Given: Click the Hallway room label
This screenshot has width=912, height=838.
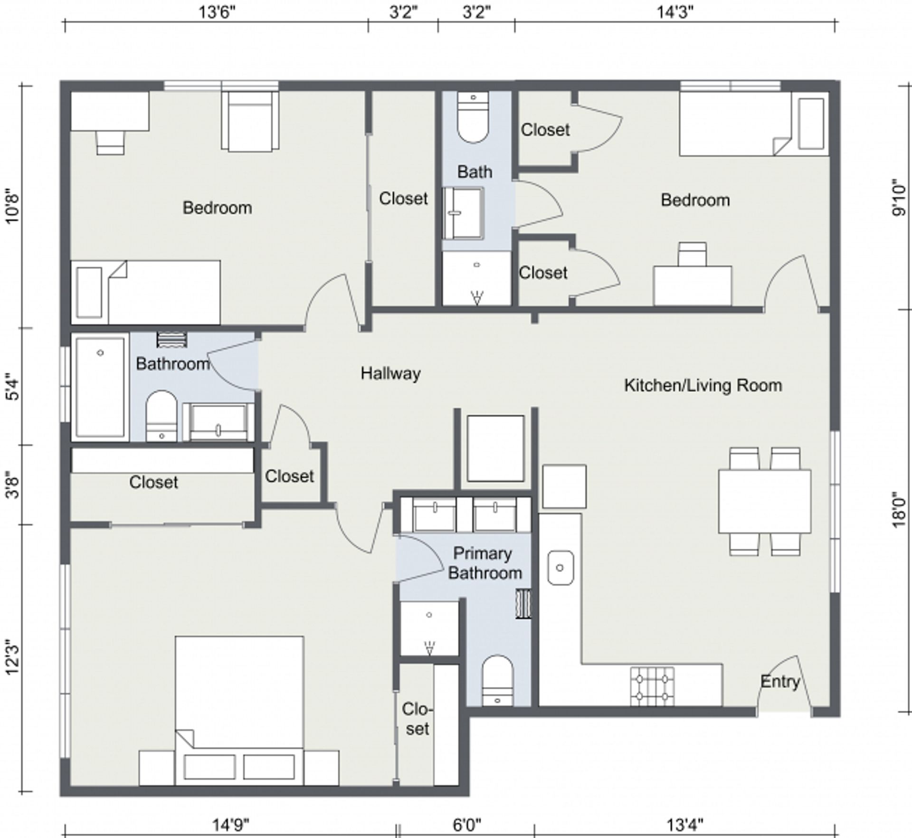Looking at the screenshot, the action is coord(390,373).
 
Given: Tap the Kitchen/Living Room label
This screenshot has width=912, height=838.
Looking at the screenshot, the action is coord(703,385).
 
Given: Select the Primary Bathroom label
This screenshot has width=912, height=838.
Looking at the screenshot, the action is coord(484,563).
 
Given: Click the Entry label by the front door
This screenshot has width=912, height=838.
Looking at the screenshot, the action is coord(780,682).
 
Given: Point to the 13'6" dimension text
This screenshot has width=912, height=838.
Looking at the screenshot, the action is coord(217,12).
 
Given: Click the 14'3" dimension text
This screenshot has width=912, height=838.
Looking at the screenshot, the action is coord(675,12).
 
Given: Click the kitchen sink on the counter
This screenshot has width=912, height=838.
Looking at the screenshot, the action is coord(560,568).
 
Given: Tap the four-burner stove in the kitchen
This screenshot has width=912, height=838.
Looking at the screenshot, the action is coord(653,687).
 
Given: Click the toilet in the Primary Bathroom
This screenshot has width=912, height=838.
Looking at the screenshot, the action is coord(497,681).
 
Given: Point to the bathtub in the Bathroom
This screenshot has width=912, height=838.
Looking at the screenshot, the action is coord(100,387).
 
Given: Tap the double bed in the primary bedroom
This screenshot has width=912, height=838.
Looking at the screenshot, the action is coord(239,711).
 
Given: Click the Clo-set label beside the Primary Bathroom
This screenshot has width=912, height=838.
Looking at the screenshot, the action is coord(417,719).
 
